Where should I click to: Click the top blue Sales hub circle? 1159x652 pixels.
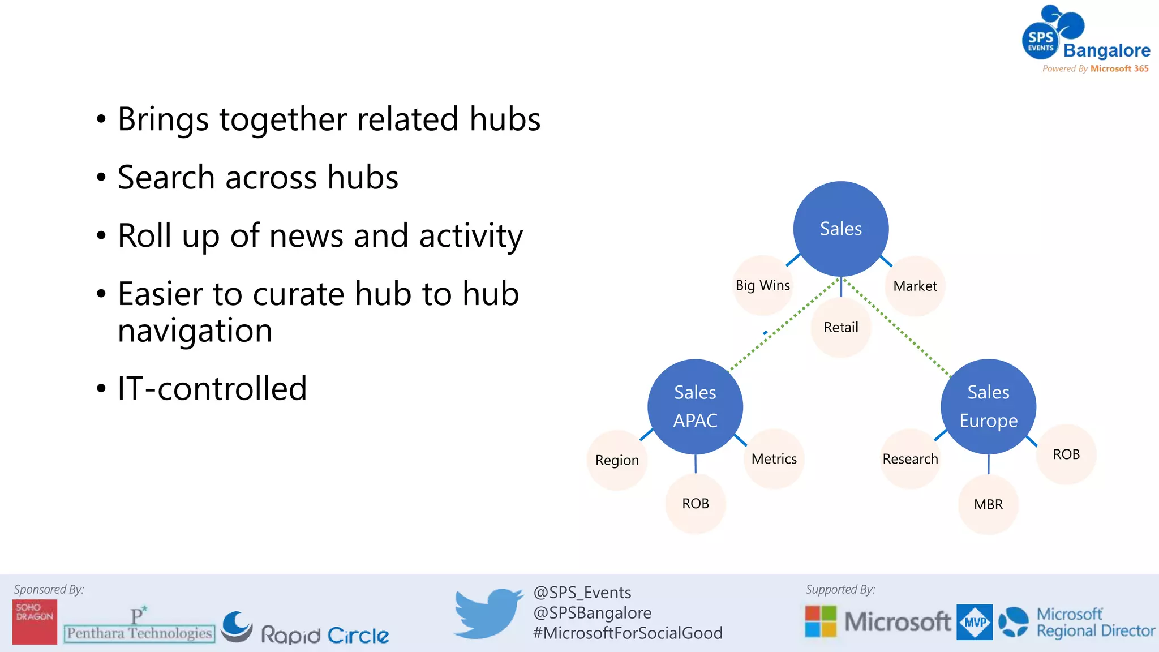click(840, 229)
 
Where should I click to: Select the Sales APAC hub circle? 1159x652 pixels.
click(695, 406)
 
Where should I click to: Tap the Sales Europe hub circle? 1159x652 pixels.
click(988, 406)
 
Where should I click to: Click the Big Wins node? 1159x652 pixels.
click(762, 285)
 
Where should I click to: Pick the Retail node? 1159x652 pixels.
click(840, 328)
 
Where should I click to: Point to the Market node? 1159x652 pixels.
click(915, 286)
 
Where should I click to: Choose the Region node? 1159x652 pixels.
click(617, 460)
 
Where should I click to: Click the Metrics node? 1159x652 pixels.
click(774, 458)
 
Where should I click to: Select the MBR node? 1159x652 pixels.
click(988, 504)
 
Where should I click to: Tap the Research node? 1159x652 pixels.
click(910, 458)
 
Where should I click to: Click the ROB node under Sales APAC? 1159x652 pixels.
click(695, 503)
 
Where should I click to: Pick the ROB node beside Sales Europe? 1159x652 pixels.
click(1066, 454)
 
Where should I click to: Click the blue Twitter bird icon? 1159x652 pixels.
click(488, 614)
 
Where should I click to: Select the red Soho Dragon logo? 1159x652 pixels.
click(35, 621)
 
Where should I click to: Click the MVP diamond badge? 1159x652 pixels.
click(974, 622)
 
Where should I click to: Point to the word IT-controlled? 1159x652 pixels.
click(212, 389)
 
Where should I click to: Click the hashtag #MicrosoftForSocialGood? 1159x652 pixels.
click(628, 633)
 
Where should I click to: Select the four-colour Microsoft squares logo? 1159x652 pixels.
click(820, 621)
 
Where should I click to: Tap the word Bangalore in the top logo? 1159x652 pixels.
click(1106, 50)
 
